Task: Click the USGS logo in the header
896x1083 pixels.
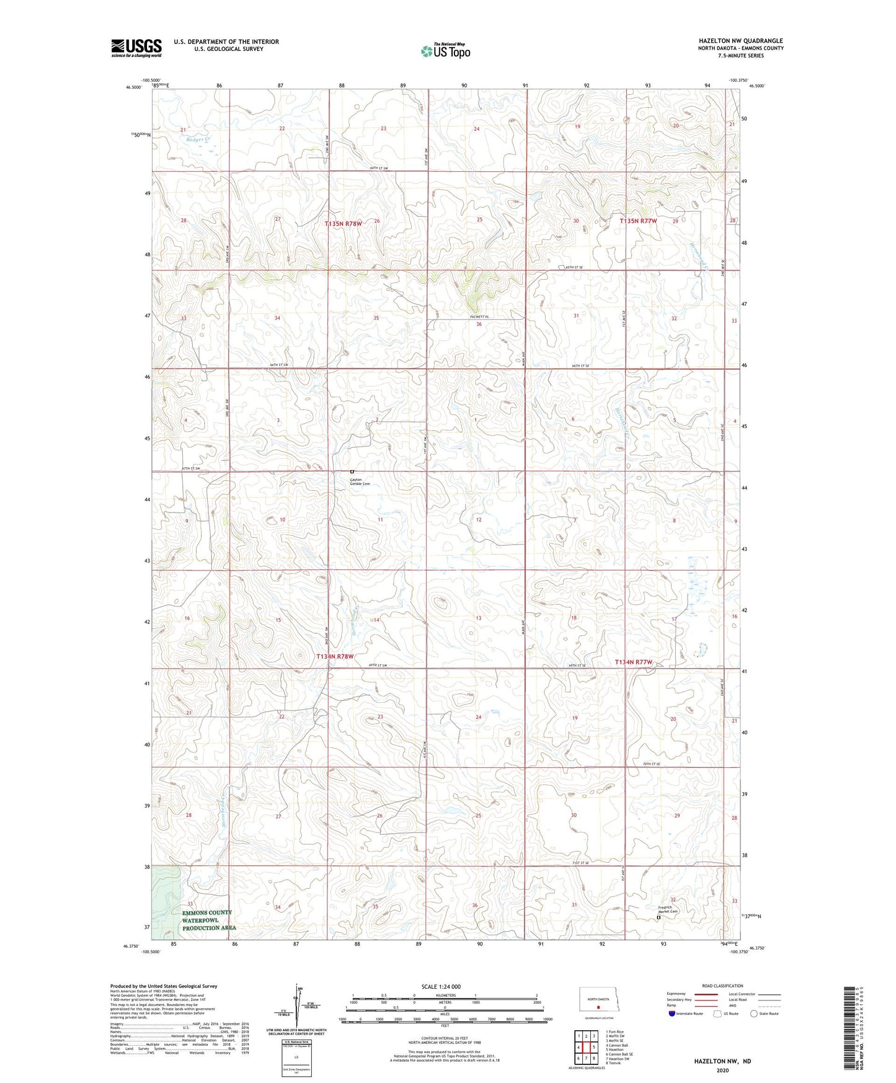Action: (136, 48)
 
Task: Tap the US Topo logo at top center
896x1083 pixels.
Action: (444, 50)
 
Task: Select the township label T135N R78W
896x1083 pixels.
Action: (343, 223)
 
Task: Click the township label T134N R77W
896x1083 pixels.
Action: (634, 662)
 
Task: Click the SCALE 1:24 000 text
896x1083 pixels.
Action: (441, 986)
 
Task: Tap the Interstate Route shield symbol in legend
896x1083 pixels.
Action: (672, 1014)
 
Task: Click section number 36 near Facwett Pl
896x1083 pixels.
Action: (479, 324)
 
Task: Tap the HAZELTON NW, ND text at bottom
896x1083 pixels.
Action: (722, 1061)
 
